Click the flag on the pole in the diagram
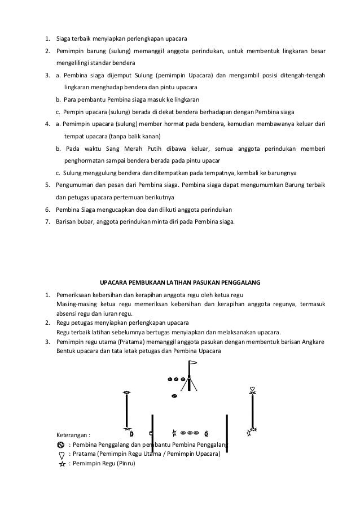point(194,363)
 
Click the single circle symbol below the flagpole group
point(174,396)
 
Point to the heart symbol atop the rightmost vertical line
point(253,390)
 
